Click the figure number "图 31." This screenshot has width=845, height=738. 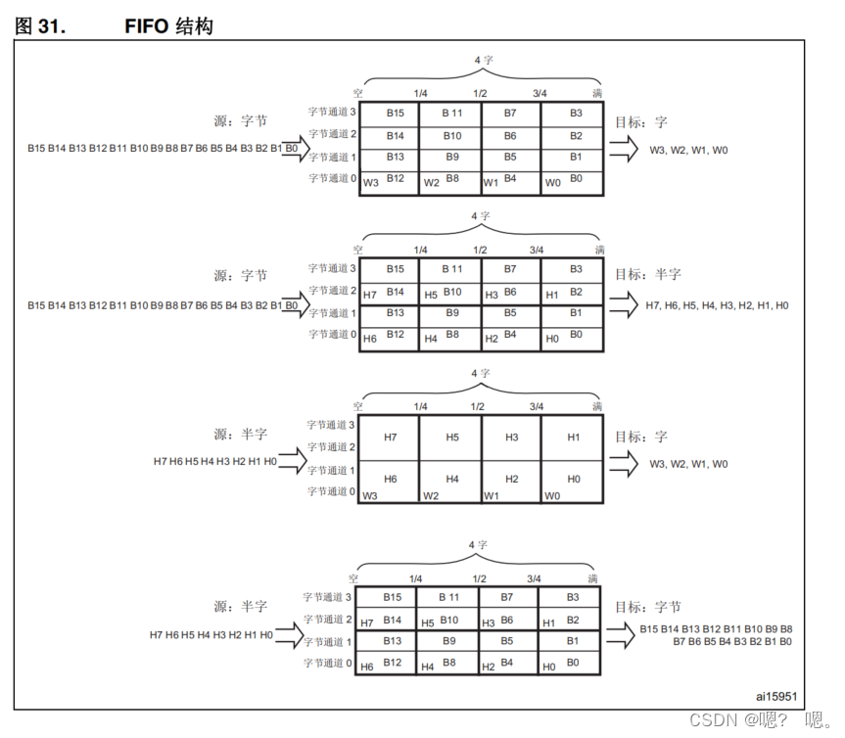40,25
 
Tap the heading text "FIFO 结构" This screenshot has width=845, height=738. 167,25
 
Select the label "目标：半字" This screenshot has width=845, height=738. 648,275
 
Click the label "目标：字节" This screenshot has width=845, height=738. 647,608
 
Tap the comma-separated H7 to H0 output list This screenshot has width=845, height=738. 717,306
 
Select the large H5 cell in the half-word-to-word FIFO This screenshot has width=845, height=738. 451,437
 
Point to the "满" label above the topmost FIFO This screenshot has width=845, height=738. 598,93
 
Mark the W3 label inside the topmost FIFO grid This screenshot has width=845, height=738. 370,183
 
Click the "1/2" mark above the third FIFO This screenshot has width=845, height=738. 478,406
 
